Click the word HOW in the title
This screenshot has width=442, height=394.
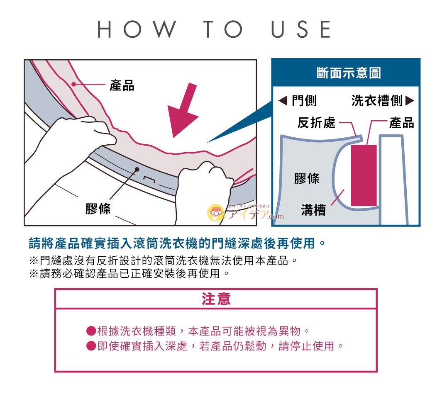point(137,29)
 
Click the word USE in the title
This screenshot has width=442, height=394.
point(301,29)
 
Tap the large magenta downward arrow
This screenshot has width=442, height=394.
point(183,110)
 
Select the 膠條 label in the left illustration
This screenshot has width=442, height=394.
point(98,208)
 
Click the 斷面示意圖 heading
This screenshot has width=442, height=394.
point(349,73)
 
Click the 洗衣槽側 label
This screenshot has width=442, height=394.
point(382,100)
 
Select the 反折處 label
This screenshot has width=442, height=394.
point(316,122)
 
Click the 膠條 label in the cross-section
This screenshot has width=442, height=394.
point(307,178)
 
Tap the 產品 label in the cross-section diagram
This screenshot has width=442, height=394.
point(401,122)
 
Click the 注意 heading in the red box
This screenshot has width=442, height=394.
point(216,299)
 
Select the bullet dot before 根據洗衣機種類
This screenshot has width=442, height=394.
point(91,331)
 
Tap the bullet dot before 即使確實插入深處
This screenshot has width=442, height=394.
point(91,346)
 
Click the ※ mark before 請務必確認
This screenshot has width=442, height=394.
point(34,274)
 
